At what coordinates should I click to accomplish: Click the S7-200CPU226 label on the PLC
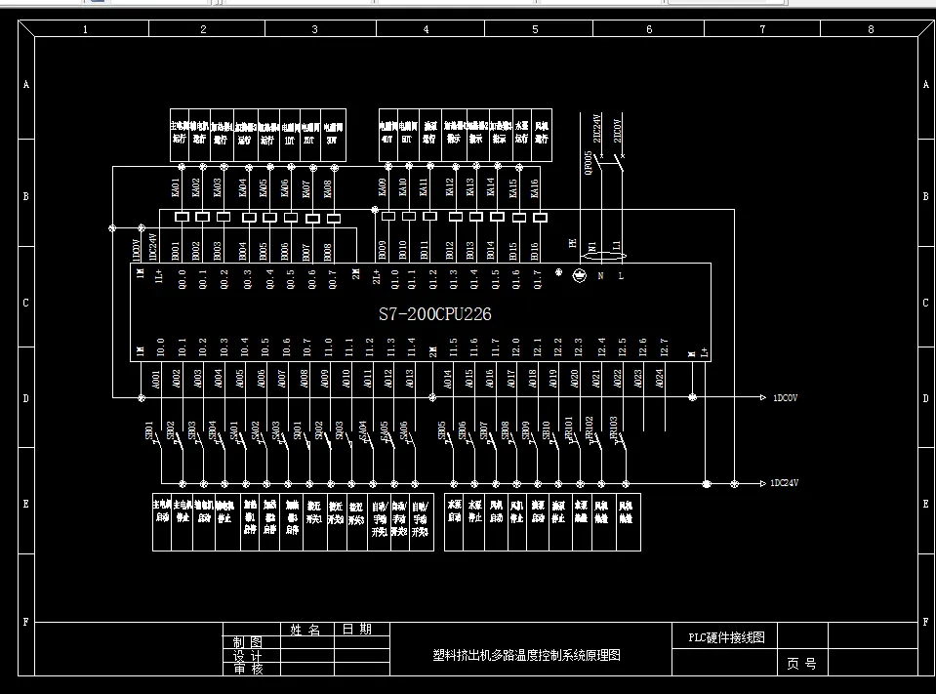(x=434, y=314)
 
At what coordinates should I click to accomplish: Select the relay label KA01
(x=176, y=185)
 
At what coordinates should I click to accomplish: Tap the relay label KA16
(x=535, y=185)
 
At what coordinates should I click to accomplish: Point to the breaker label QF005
(x=588, y=161)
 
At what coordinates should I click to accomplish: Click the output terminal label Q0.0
(x=182, y=280)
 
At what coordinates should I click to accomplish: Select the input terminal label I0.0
(x=161, y=347)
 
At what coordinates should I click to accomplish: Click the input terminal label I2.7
(x=663, y=347)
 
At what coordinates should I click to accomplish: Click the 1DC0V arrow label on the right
(x=788, y=398)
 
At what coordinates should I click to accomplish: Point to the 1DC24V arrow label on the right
(x=790, y=483)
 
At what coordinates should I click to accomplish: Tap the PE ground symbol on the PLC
(x=580, y=276)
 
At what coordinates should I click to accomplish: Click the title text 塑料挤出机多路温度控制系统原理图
(x=526, y=656)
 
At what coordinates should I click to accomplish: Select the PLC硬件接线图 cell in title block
(x=723, y=637)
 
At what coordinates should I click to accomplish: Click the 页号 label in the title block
(x=801, y=664)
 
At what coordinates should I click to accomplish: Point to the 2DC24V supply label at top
(x=598, y=130)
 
